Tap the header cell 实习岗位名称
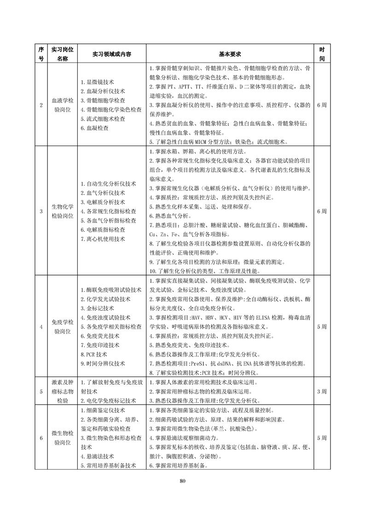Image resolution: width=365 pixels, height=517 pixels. (62, 54)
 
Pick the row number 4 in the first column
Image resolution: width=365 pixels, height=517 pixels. (41, 327)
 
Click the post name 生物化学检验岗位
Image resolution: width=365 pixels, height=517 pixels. (62, 211)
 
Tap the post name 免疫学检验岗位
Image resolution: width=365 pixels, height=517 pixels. (62, 327)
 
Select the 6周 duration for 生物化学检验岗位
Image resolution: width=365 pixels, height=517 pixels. (322, 211)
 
